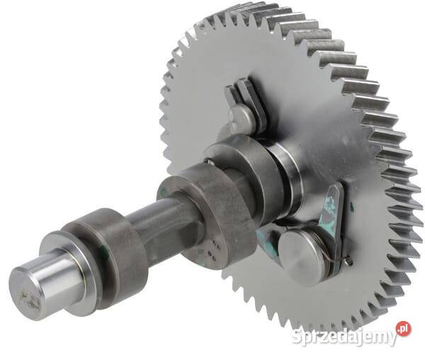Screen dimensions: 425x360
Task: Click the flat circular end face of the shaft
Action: pos(25,294)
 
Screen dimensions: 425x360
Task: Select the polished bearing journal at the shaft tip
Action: pos(49,287)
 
